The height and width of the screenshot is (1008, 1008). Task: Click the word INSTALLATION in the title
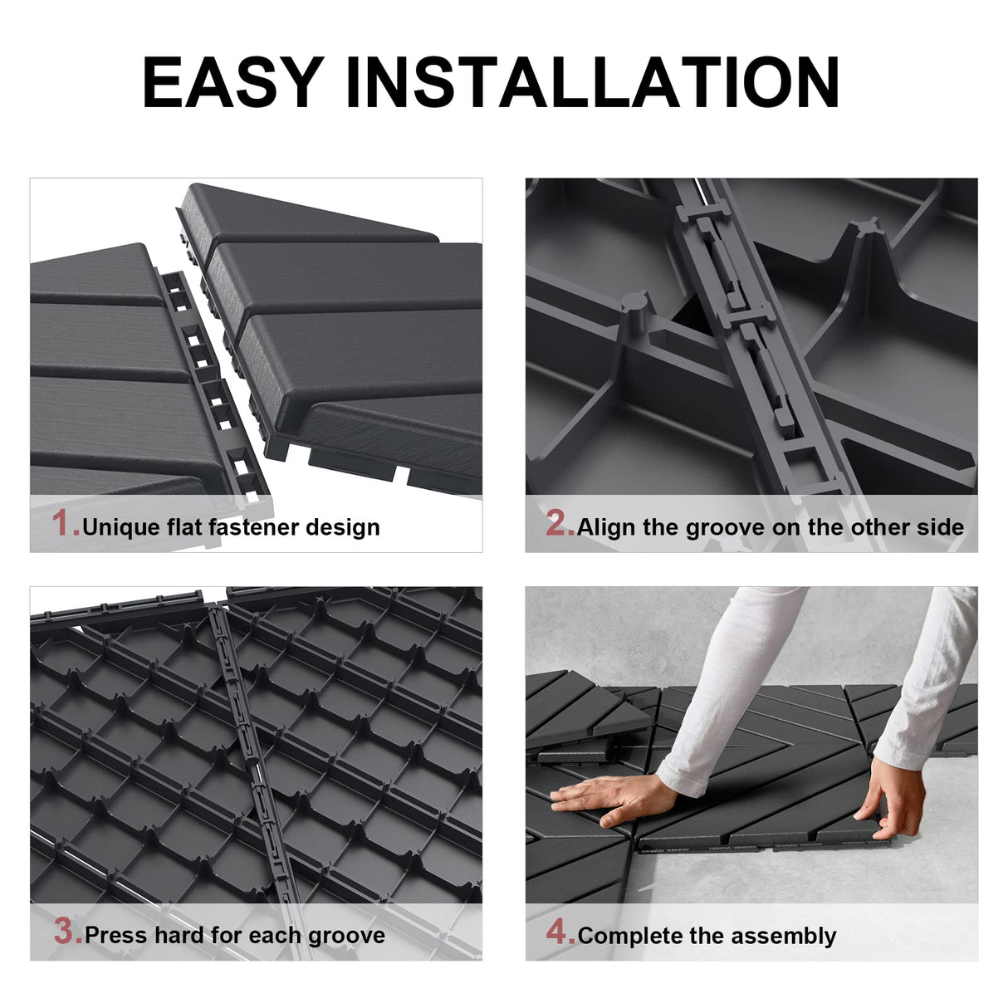click(x=592, y=83)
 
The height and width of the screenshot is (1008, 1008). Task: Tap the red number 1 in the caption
click(x=64, y=524)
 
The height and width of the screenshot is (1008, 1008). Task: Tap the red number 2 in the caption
click(x=558, y=524)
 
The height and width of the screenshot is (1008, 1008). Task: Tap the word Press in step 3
click(x=115, y=936)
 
